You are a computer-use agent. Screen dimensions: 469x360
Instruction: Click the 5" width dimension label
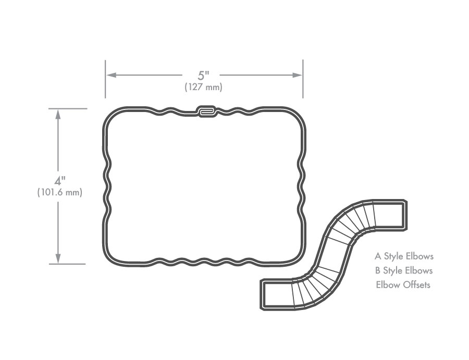[203, 76]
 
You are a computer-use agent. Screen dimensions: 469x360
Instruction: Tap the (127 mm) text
[203, 87]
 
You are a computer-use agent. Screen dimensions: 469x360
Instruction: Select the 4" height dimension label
[60, 180]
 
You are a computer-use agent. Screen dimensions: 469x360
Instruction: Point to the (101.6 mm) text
[59, 192]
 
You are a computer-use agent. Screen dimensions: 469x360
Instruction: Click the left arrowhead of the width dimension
[112, 75]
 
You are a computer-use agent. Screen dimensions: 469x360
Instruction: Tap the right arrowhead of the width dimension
[297, 75]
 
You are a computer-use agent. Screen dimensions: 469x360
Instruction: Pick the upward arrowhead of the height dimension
[58, 115]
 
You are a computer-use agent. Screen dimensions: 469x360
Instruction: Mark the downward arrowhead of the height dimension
[58, 258]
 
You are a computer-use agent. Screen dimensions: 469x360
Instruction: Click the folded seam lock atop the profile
[207, 111]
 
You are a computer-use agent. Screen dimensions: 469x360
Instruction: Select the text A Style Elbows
[404, 256]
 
